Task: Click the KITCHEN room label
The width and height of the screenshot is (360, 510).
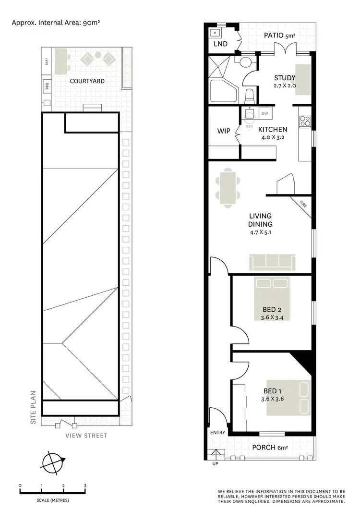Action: pyautogui.click(x=273, y=129)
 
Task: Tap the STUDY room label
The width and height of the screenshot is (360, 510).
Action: pyautogui.click(x=285, y=78)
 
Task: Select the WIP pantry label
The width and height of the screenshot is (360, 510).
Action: pyautogui.click(x=224, y=131)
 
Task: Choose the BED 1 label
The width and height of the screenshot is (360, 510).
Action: pyautogui.click(x=272, y=390)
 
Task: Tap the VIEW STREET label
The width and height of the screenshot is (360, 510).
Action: pyautogui.click(x=86, y=436)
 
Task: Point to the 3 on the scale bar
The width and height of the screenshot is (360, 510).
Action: pyautogui.click(x=85, y=486)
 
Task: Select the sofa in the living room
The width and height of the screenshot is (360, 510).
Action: pyautogui.click(x=271, y=263)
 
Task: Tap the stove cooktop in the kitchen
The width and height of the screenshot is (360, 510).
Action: pyautogui.click(x=305, y=121)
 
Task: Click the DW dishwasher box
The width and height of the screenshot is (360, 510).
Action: pyautogui.click(x=264, y=113)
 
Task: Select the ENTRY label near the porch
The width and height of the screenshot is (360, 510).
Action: pyautogui.click(x=217, y=433)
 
